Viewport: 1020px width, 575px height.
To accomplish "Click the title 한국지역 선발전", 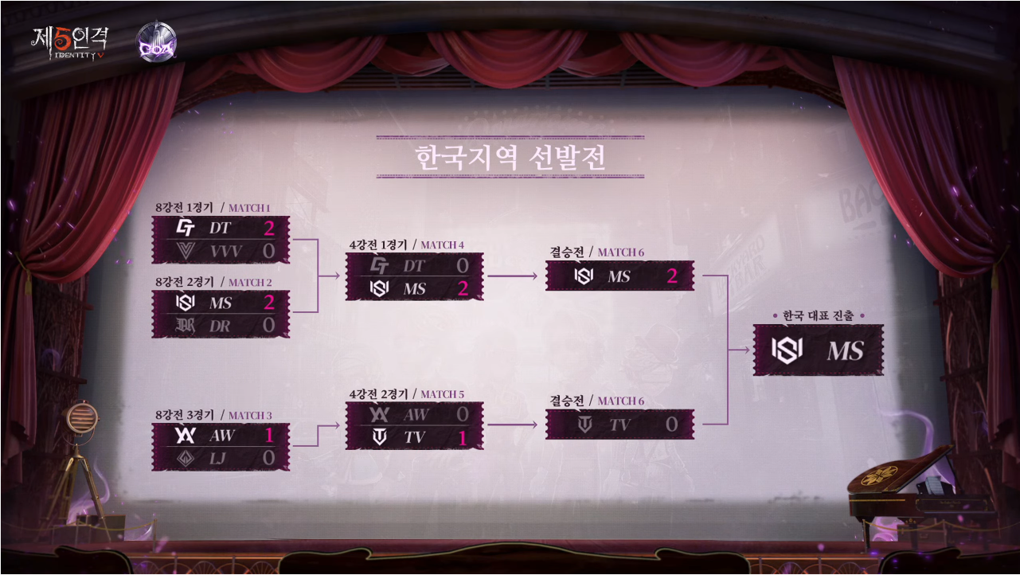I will (510, 157).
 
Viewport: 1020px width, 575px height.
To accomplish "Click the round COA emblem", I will (156, 41).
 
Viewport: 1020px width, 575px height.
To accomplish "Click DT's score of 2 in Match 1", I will (269, 229).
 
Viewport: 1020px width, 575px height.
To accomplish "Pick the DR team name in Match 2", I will (221, 325).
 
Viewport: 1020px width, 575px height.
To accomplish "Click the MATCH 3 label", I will (250, 415).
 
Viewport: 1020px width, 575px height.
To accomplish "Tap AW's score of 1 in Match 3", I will (269, 436).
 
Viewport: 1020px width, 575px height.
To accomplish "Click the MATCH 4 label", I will (442, 244).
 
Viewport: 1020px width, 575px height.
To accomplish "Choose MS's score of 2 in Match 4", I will (463, 289).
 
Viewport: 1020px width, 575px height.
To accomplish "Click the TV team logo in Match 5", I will (380, 437).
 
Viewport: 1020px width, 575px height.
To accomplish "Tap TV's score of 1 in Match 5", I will (463, 437).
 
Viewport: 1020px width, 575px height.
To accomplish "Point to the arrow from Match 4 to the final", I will (513, 276).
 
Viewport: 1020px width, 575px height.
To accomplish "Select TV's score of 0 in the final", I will (672, 425).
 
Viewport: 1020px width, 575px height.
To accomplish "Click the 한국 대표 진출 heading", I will (819, 316).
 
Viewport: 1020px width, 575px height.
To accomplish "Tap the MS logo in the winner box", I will (787, 350).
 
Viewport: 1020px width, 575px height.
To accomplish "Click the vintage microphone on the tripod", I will (81, 417).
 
